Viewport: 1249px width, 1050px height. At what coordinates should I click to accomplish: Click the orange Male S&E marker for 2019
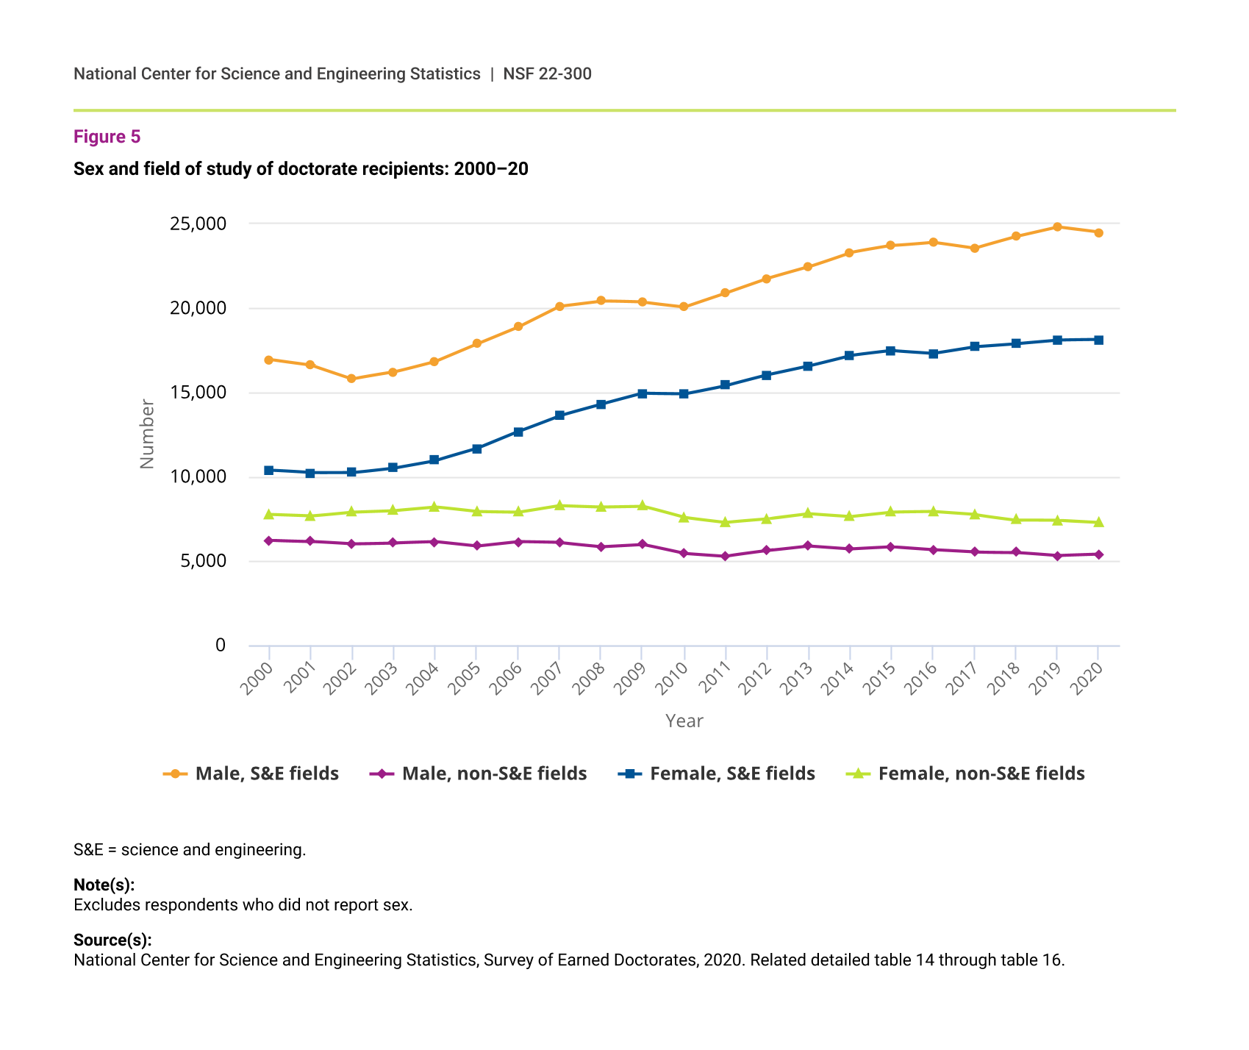pyautogui.click(x=1057, y=226)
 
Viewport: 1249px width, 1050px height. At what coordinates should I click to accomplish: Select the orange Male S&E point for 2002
pyautogui.click(x=351, y=379)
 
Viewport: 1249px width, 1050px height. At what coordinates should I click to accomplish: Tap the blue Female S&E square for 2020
pyautogui.click(x=1098, y=340)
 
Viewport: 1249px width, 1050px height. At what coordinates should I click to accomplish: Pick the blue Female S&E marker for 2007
pyautogui.click(x=559, y=415)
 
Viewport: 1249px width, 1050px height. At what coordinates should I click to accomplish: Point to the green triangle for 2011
pyautogui.click(x=726, y=522)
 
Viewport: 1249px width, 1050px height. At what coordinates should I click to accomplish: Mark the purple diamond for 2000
pyautogui.click(x=269, y=540)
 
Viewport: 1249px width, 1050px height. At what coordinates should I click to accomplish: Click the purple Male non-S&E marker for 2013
pyautogui.click(x=809, y=546)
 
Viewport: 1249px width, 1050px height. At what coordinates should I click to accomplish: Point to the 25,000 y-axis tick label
pyautogui.click(x=198, y=224)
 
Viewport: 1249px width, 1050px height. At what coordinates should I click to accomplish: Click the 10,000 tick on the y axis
pyautogui.click(x=198, y=477)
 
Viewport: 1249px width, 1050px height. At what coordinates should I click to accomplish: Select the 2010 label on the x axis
pyautogui.click(x=674, y=679)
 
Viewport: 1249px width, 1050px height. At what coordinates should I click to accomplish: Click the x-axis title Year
pyautogui.click(x=684, y=721)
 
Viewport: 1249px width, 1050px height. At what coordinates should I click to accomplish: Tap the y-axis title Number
pyautogui.click(x=147, y=434)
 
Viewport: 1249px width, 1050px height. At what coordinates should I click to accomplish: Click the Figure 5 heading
pyautogui.click(x=107, y=137)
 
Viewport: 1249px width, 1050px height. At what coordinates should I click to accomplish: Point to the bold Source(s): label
pyautogui.click(x=112, y=940)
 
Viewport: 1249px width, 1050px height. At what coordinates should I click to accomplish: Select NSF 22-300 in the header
pyautogui.click(x=547, y=74)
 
